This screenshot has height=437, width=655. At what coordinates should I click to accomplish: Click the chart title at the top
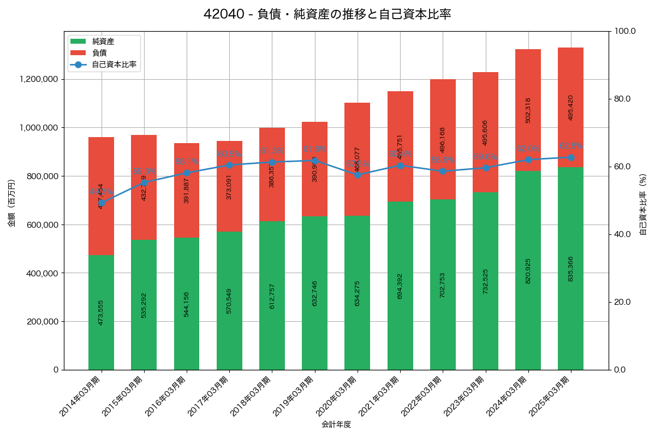coord(327,14)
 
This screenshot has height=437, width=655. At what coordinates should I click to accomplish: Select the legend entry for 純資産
coord(103,41)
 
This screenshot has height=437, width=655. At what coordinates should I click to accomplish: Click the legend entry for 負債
coord(99,52)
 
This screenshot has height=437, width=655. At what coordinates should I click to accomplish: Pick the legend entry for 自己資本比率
coord(114,64)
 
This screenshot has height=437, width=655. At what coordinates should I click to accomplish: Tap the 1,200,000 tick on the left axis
coord(39,79)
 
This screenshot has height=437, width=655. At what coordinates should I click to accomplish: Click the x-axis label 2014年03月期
coord(81,396)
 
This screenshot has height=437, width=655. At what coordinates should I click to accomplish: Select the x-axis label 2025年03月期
coord(551,396)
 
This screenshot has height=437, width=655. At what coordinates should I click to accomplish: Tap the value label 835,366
coord(570,268)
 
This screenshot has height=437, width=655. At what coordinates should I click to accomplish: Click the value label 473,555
coord(101,312)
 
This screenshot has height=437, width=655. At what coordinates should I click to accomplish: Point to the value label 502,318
coord(528,110)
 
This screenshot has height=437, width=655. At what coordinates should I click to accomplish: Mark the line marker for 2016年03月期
coord(187,173)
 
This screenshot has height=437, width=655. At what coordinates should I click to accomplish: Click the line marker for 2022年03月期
coord(443,171)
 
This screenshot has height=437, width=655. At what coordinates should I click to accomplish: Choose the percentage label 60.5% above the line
coord(229,154)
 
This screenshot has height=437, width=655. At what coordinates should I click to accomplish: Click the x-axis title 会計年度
coord(336,424)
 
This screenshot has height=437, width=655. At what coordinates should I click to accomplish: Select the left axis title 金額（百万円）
coord(11,203)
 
